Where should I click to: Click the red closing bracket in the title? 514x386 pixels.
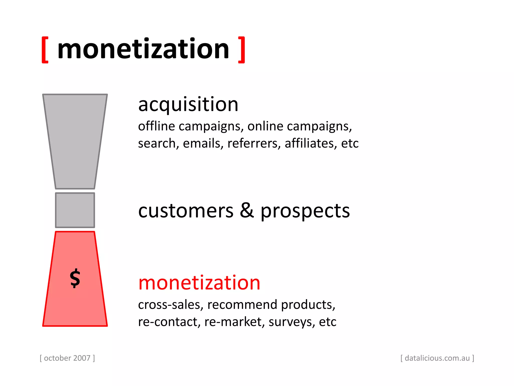coord(241,50)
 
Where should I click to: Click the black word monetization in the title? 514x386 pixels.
coord(143,49)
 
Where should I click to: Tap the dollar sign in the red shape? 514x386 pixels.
coord(75,278)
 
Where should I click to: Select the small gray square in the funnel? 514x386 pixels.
coord(75,210)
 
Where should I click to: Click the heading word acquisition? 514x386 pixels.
coord(188,105)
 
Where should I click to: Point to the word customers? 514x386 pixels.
coord(186,211)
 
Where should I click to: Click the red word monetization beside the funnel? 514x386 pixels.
coord(199,283)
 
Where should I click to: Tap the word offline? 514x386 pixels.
coord(156,126)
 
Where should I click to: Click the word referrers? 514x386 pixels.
coord(254,143)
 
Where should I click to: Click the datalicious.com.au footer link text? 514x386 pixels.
coord(437,358)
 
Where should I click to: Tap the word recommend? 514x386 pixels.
coord(242,305)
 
